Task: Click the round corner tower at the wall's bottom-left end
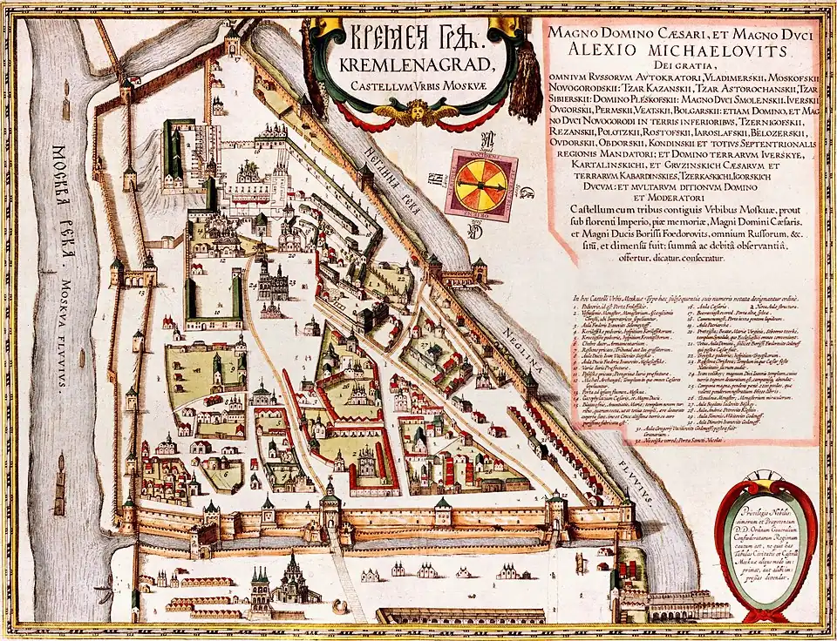click(128, 517)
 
